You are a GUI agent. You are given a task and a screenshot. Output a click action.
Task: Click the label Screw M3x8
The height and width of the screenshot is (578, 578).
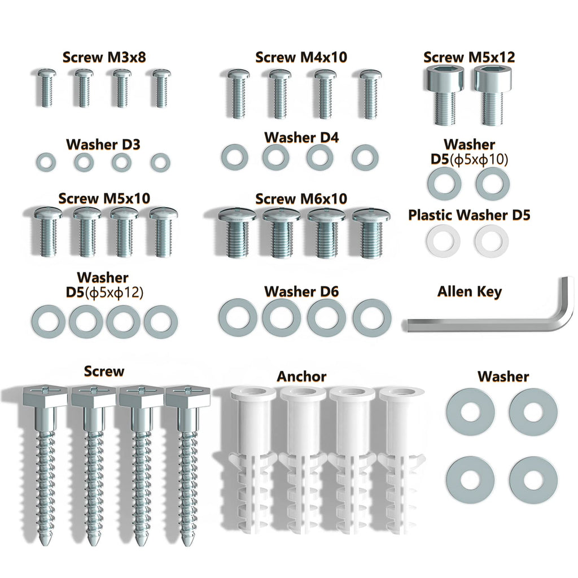104,57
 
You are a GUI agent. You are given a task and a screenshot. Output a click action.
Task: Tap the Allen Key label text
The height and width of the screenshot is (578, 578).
469,292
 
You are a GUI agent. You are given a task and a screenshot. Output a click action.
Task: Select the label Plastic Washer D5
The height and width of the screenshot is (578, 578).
469,215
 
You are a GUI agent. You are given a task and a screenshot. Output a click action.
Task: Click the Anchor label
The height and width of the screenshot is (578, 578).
301,376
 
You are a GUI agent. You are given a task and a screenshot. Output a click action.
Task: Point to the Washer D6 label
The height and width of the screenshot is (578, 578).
301,292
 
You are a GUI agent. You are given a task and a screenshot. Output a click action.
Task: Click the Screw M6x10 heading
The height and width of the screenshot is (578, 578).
301,199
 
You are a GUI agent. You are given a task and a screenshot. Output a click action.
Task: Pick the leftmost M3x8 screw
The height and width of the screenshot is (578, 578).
47,88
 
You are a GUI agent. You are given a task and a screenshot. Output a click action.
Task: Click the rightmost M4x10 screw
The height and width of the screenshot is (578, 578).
370,94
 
